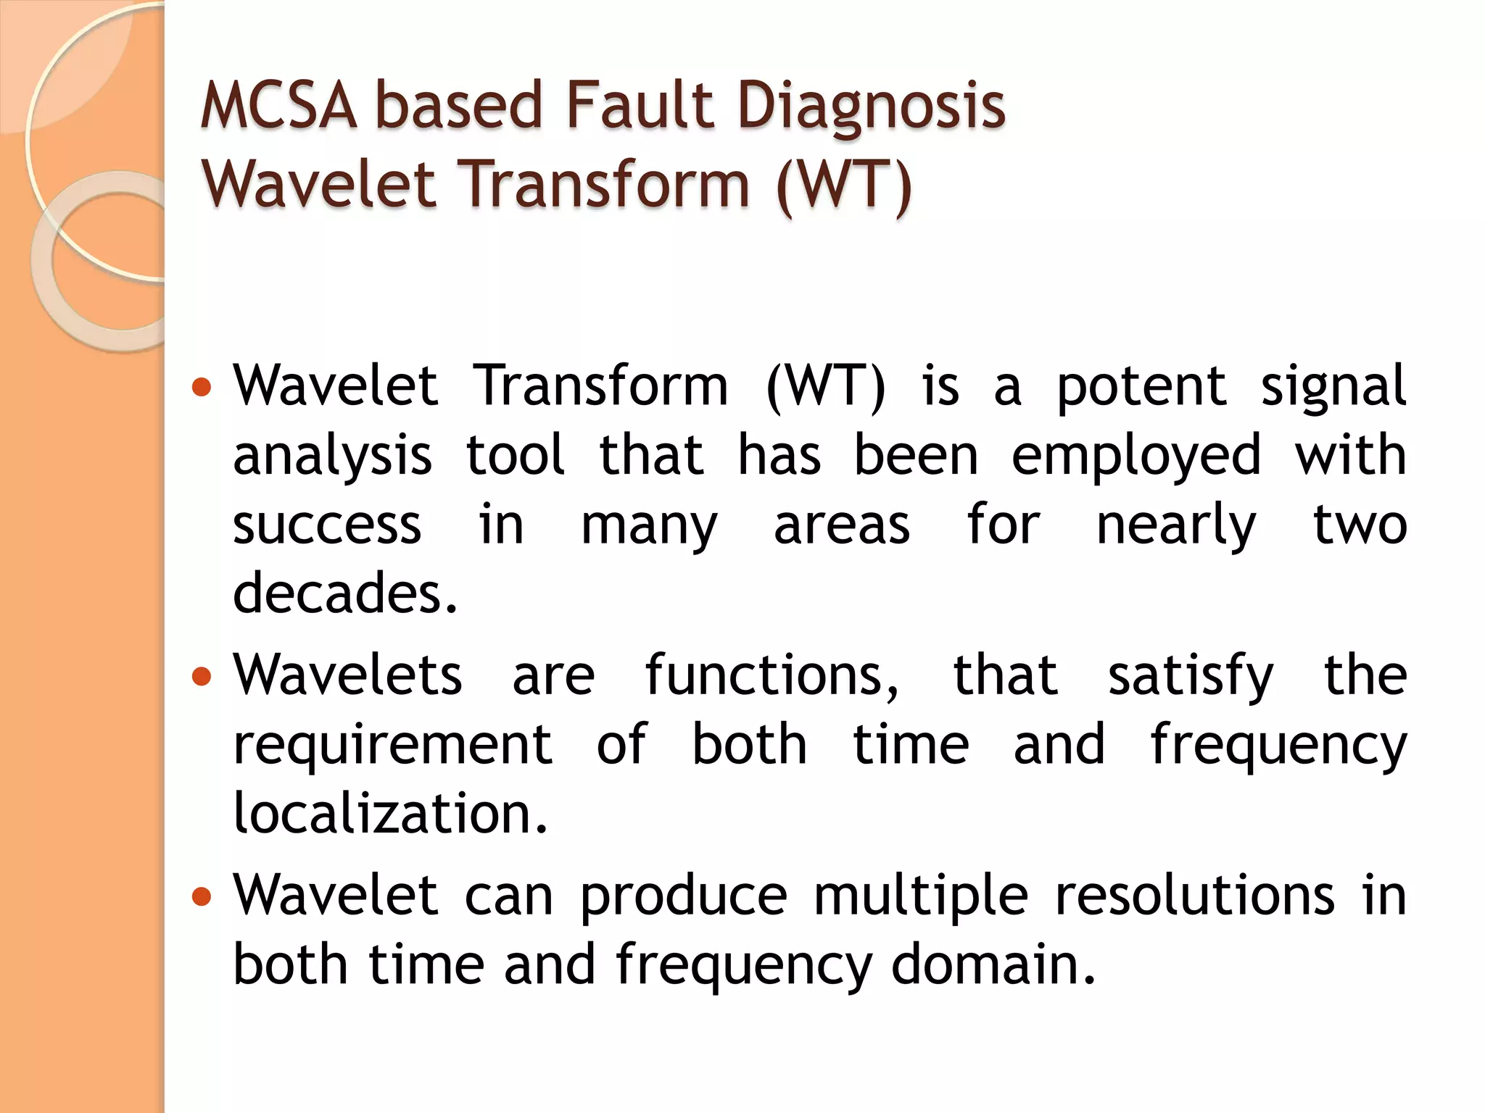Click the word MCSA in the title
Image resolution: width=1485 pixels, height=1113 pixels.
click(x=278, y=106)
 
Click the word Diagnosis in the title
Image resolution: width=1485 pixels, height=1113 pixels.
click(x=872, y=106)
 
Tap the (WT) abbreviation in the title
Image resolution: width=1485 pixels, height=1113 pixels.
click(x=843, y=184)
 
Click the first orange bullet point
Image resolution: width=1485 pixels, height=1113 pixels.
click(x=202, y=387)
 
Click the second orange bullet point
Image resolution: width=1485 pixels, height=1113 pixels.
click(x=202, y=677)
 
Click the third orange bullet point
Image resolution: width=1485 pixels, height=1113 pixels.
click(x=202, y=897)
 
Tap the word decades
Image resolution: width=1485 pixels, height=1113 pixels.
click(x=344, y=593)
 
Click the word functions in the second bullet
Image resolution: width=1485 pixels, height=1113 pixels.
click(x=772, y=675)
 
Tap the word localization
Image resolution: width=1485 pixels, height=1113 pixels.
click(x=389, y=813)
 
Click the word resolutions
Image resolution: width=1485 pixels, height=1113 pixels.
click(x=1194, y=896)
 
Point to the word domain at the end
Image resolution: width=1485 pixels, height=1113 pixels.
click(x=993, y=965)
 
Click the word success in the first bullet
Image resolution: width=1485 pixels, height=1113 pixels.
click(x=327, y=525)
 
